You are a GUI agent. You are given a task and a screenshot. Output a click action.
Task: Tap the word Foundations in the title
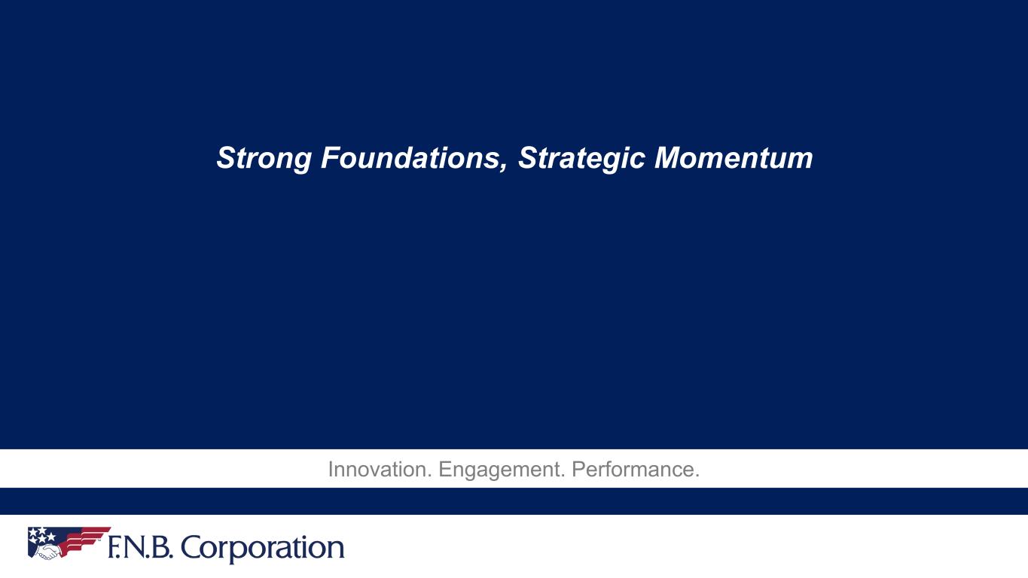[x=410, y=157]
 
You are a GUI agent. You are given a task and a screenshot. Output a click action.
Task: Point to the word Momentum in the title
[x=734, y=158]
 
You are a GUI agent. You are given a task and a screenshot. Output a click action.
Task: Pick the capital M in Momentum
[x=669, y=158]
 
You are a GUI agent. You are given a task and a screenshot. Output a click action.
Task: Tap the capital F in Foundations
[x=333, y=158]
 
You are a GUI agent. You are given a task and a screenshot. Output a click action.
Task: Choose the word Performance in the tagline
[x=633, y=470]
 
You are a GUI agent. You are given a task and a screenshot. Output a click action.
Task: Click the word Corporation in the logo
[x=262, y=548]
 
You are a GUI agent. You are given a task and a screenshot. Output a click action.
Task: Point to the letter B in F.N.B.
[x=160, y=548]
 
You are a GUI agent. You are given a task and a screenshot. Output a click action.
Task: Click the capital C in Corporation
[x=191, y=548]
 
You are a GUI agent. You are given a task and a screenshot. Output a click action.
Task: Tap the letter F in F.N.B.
[x=114, y=548]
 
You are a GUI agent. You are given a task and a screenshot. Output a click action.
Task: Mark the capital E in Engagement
[x=445, y=470]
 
